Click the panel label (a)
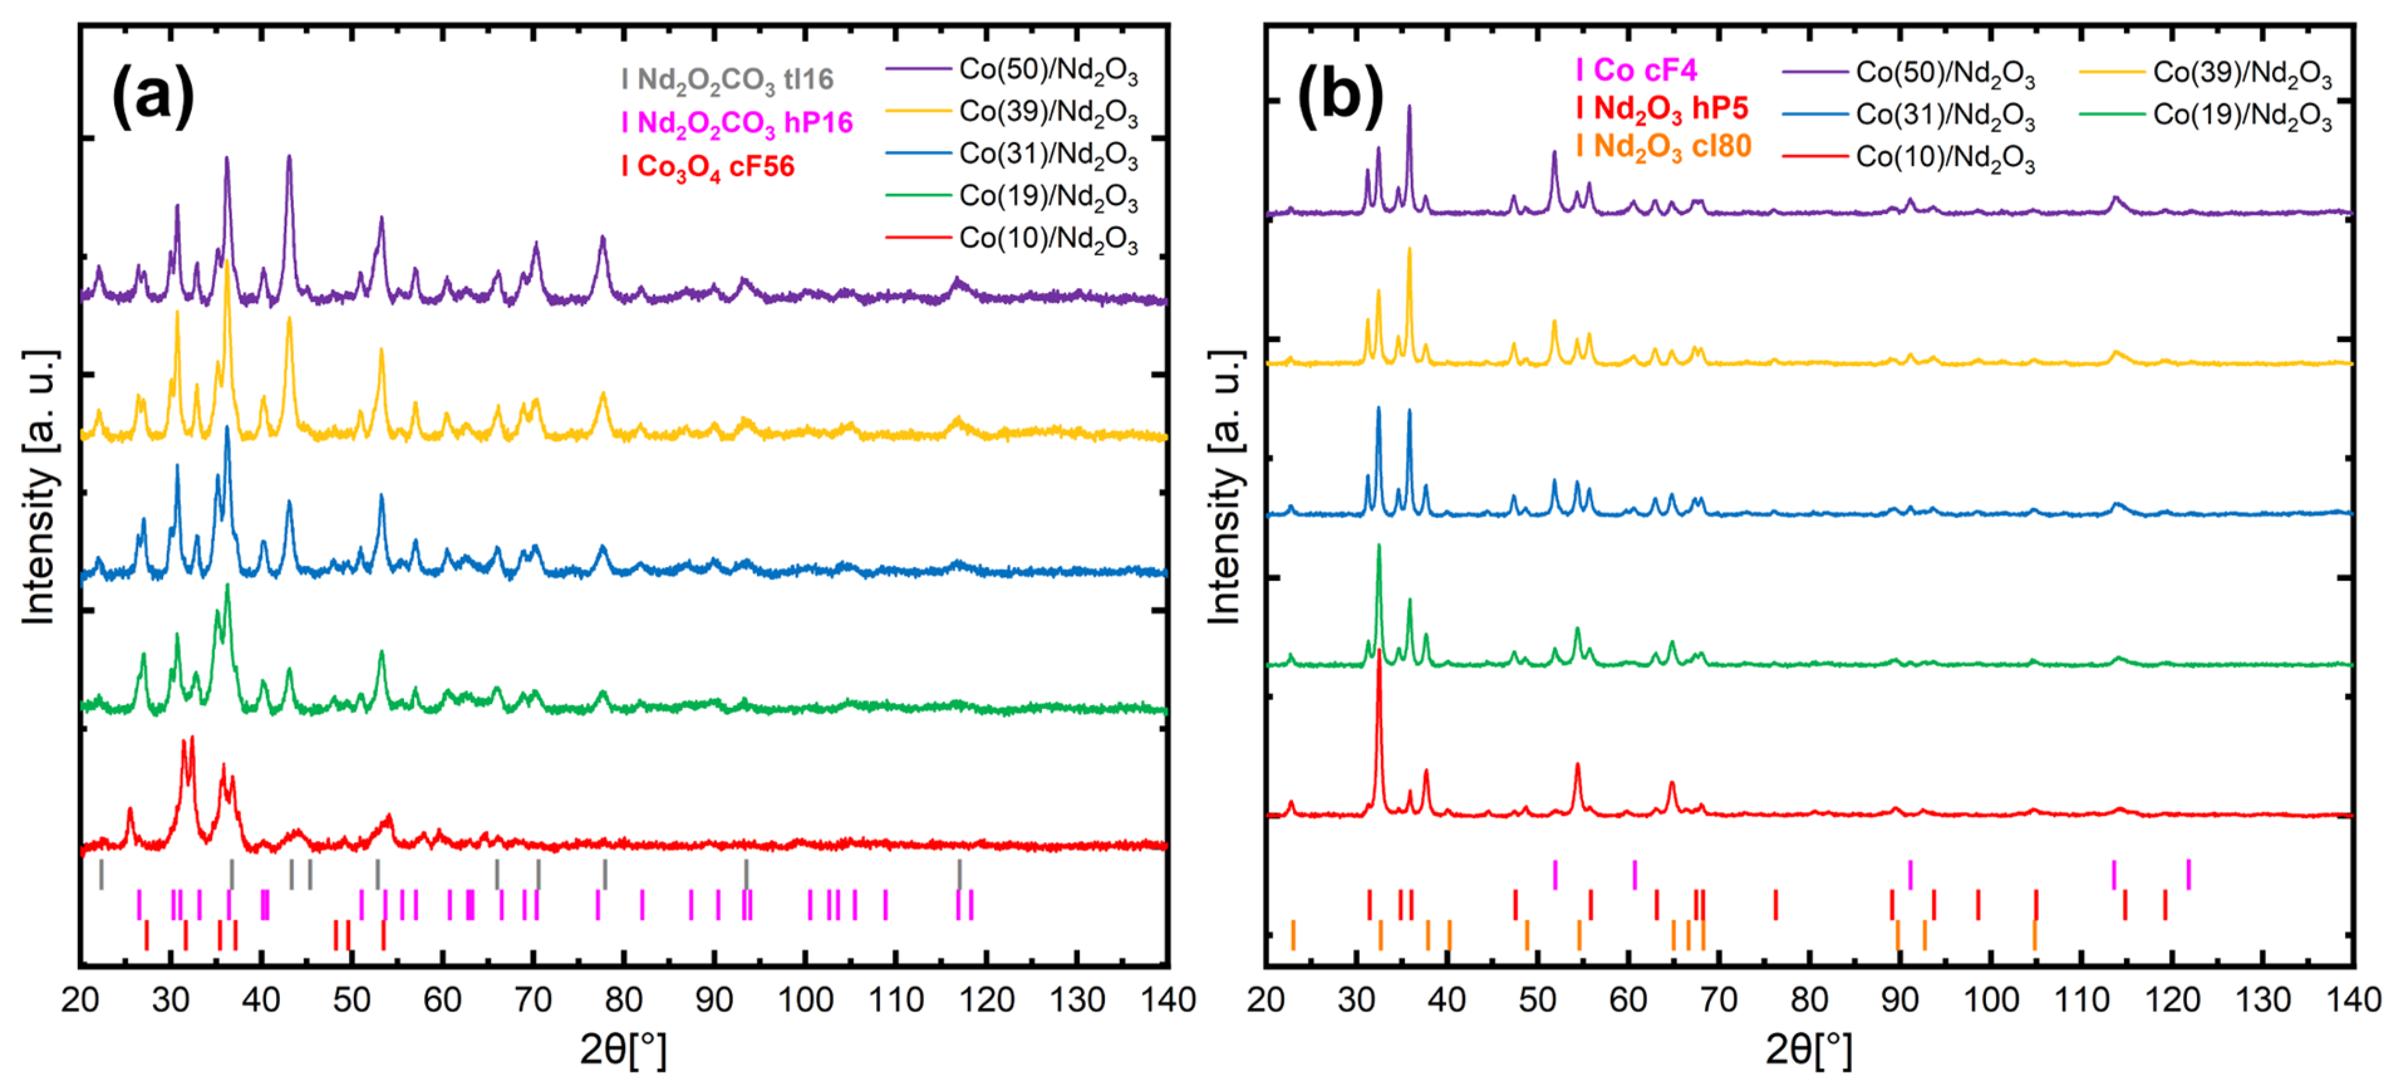point(153,97)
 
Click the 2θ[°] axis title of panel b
point(1808,1048)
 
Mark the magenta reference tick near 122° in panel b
point(2189,874)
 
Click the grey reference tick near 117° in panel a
point(960,874)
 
